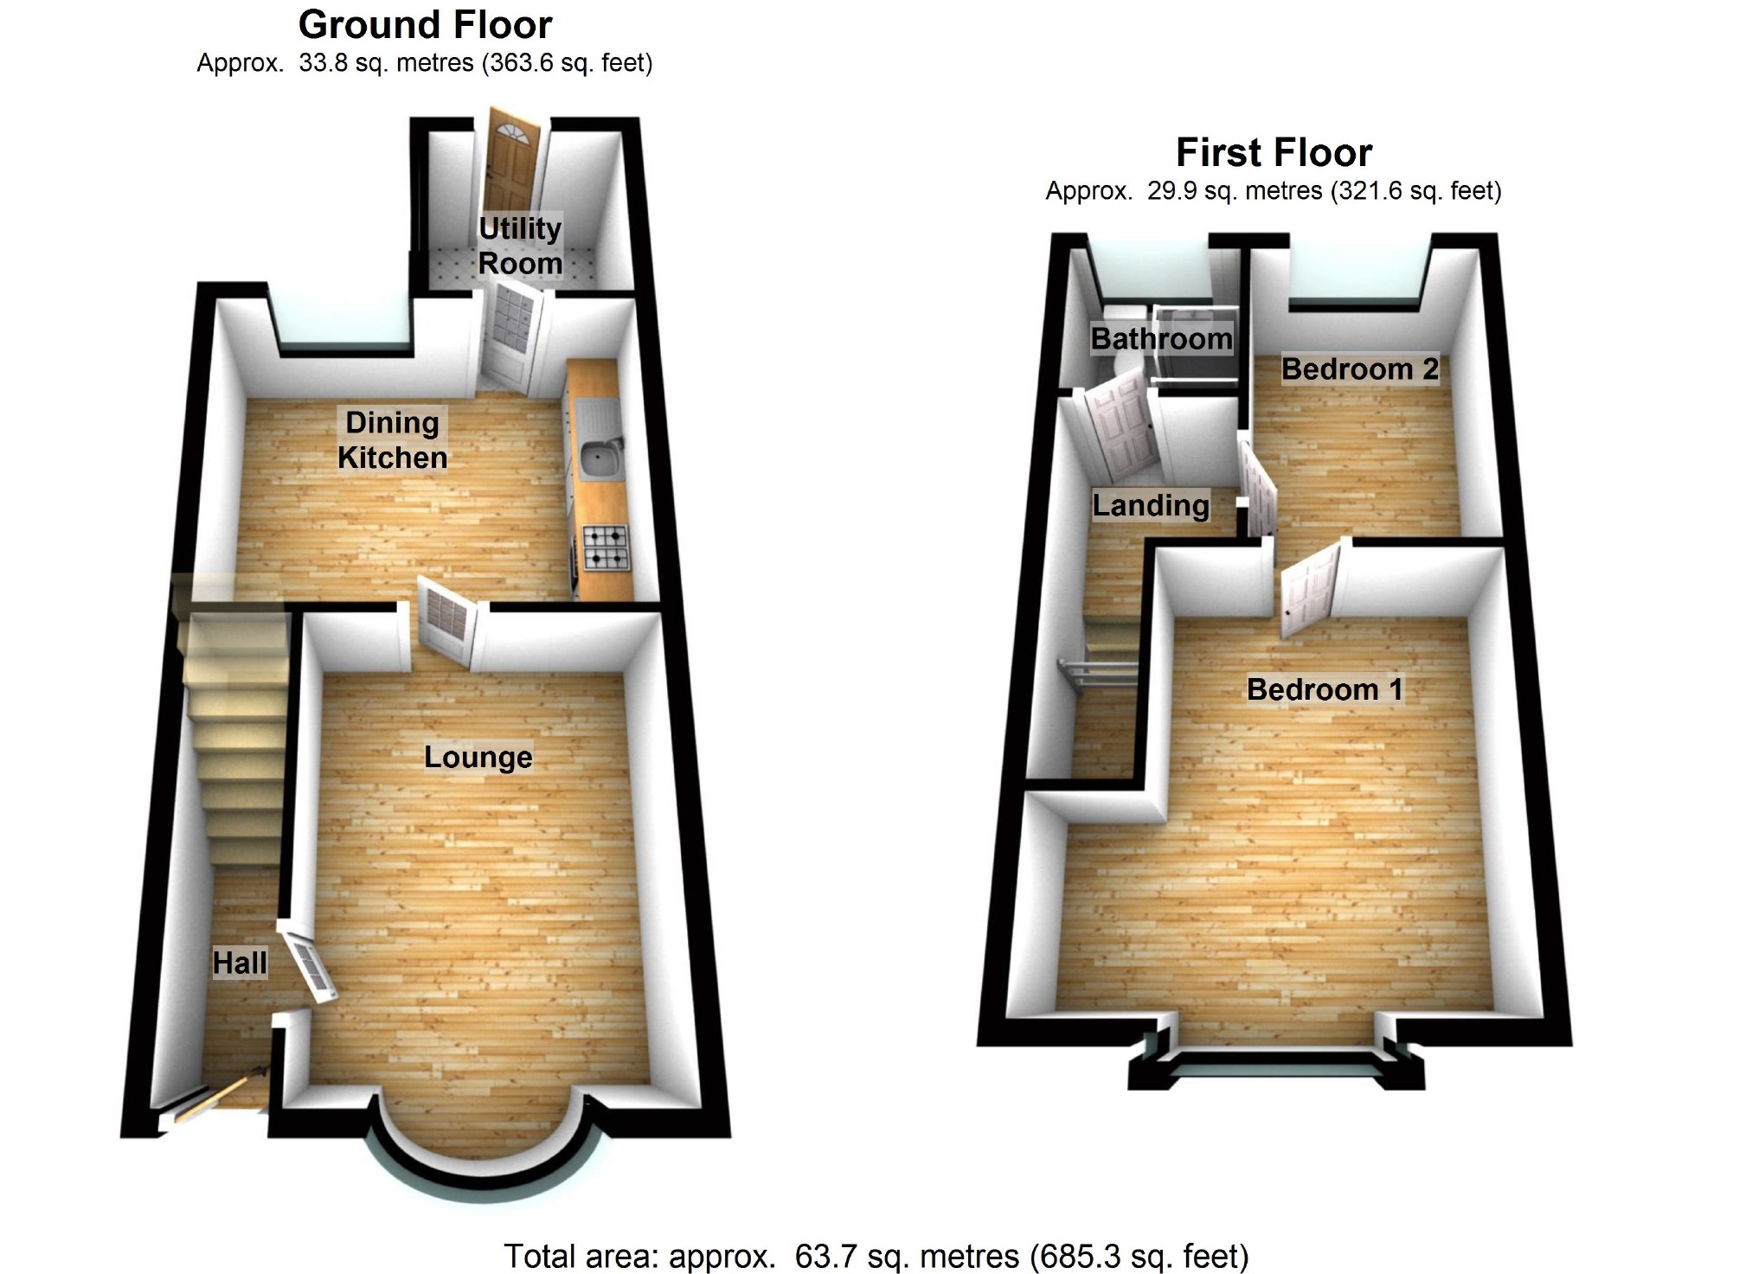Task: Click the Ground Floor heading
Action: point(425,25)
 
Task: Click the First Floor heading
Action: point(1274,153)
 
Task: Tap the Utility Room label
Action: point(520,246)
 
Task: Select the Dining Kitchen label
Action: point(392,440)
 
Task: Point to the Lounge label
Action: point(478,758)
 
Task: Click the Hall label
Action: point(240,963)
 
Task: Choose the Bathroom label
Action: point(1161,339)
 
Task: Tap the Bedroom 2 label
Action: point(1359,369)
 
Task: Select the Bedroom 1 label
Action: point(1324,689)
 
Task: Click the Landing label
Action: point(1151,505)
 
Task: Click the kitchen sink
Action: point(599,458)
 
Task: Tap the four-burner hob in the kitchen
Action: point(606,547)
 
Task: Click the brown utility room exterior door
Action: point(512,169)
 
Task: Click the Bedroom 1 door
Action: point(1309,590)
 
